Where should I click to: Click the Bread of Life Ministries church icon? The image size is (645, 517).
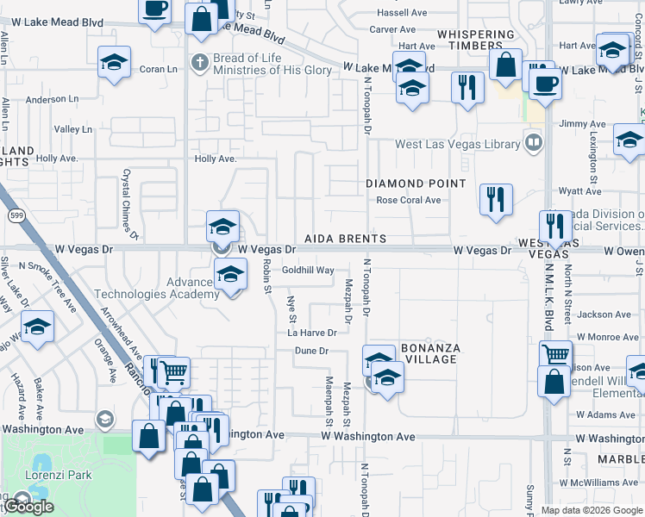tap(199, 62)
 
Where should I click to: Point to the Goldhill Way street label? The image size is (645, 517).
tap(308, 270)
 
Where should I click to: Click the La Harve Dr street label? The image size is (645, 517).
tap(311, 333)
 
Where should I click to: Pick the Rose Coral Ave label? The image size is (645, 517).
tap(408, 200)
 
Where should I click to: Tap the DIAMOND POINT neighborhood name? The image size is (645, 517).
tap(416, 184)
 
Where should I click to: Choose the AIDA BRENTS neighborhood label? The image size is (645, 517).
tap(344, 238)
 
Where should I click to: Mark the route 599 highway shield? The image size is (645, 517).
tap(16, 213)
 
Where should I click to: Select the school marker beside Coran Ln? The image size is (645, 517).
tap(114, 63)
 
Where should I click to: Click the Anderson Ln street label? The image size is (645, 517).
tap(52, 100)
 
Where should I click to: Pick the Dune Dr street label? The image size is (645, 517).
tap(312, 351)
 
